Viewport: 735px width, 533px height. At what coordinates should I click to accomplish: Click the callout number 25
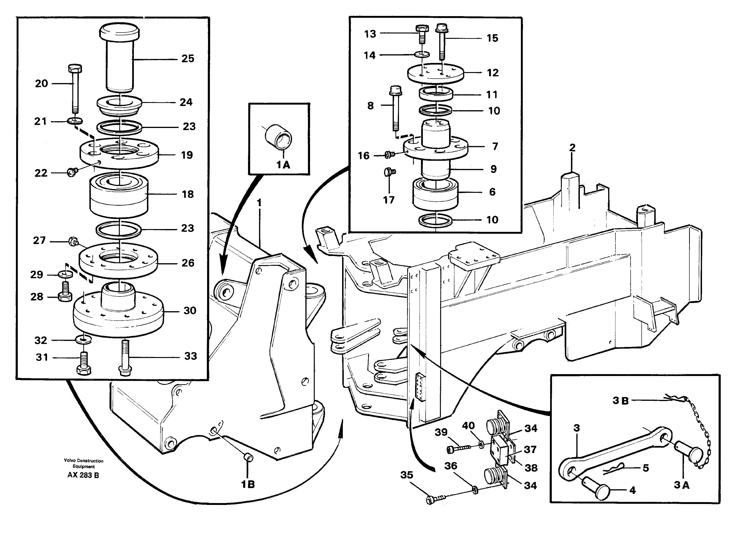click(188, 59)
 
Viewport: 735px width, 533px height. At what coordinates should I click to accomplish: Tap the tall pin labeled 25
click(119, 58)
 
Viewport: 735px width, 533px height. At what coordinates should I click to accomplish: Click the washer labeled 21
click(75, 121)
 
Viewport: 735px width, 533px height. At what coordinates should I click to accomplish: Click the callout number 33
click(190, 356)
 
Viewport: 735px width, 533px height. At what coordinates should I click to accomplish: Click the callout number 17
click(389, 200)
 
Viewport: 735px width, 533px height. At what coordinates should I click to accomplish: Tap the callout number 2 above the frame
click(572, 148)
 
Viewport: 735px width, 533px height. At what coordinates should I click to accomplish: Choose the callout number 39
click(441, 432)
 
